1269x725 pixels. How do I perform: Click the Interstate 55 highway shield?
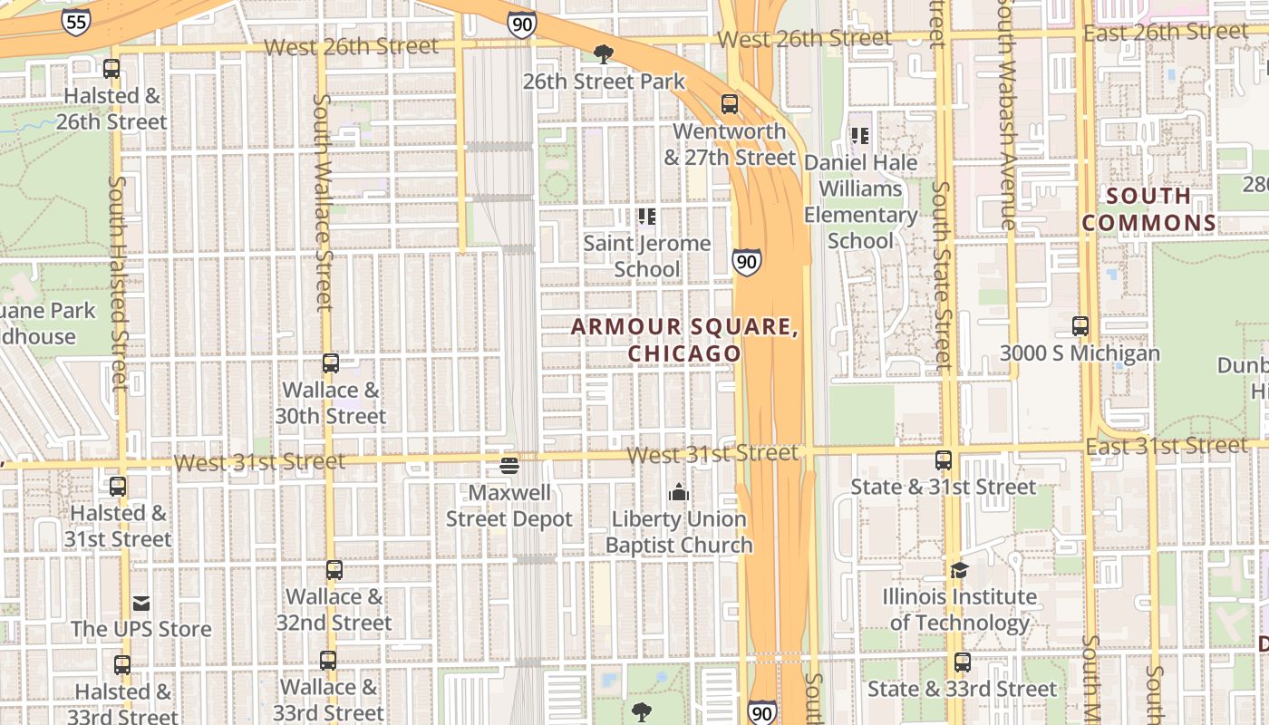click(76, 22)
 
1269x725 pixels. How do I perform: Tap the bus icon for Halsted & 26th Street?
click(111, 69)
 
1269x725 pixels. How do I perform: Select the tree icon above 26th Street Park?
click(603, 54)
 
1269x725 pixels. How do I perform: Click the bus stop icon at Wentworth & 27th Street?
click(730, 104)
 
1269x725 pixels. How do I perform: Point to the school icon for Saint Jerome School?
click(647, 217)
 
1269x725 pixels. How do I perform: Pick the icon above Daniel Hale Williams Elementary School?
click(859, 136)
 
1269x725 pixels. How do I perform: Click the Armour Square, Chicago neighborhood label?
click(684, 340)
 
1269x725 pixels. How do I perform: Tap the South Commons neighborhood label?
click(1148, 209)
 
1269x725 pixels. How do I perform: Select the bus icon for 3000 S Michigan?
click(1080, 326)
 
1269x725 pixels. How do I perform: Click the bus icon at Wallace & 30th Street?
click(331, 363)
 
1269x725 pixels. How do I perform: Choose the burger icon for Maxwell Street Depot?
click(509, 467)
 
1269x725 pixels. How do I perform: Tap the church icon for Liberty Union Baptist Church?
click(679, 492)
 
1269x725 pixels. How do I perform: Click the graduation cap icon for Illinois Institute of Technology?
click(959, 570)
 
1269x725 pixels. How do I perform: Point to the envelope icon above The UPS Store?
click(141, 603)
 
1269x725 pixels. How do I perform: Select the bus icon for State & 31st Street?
click(944, 460)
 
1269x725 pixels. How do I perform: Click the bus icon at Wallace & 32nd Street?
click(334, 570)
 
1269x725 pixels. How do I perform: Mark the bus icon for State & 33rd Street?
click(963, 662)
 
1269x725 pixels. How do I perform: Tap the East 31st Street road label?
click(1166, 446)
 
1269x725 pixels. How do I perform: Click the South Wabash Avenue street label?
click(1005, 114)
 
